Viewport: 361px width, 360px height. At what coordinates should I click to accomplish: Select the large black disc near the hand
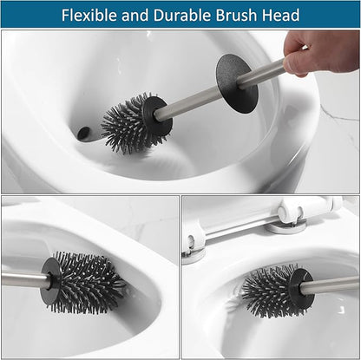[x=237, y=83]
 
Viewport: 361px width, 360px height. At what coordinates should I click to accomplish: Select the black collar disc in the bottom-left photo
[x=50, y=279]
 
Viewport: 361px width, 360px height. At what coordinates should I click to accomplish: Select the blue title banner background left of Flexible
[x=30, y=15]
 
